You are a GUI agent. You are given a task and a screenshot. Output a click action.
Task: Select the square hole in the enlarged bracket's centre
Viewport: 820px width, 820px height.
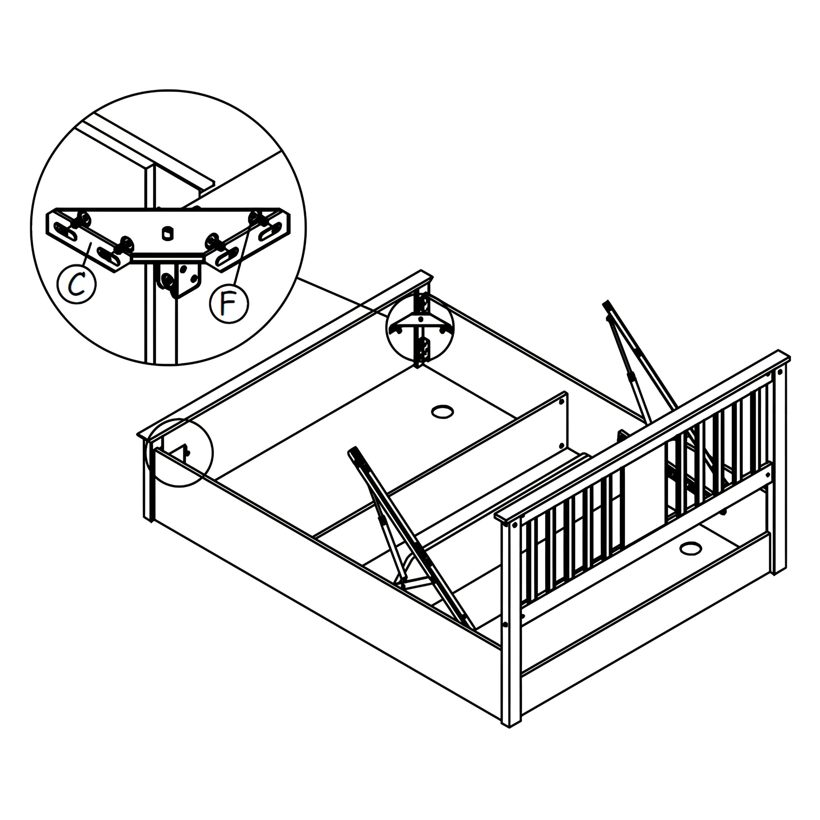pos(167,232)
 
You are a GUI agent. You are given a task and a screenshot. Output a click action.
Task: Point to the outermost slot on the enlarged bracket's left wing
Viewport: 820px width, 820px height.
pos(64,231)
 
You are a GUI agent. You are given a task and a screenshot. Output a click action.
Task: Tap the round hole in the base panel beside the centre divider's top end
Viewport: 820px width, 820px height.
pos(442,411)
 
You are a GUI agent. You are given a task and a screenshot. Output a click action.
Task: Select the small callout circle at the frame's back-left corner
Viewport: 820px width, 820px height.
pos(180,452)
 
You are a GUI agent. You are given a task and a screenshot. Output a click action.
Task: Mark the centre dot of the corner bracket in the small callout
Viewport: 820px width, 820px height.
pos(420,319)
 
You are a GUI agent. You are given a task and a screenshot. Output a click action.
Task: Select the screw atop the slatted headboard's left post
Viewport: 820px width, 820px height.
pos(515,525)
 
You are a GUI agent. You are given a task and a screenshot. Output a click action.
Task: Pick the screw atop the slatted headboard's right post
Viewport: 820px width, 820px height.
pos(779,372)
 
